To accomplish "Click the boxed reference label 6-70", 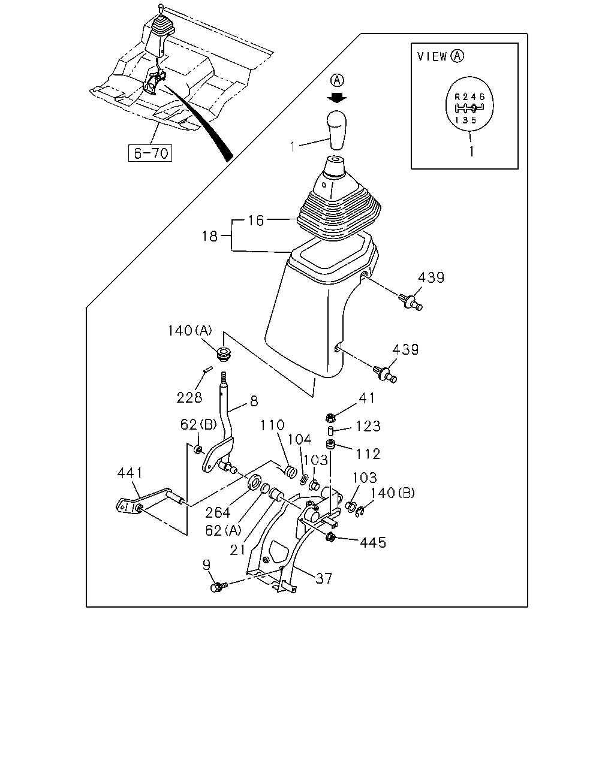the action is (150, 153).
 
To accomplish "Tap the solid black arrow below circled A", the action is (337, 98).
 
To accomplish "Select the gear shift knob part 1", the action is (337, 130).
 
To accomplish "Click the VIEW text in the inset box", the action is (432, 56).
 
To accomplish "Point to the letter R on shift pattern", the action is (458, 96).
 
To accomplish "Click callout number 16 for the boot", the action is (256, 221).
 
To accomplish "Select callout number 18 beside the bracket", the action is (210, 236).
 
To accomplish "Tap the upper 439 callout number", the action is (431, 277).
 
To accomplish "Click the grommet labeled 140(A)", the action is (224, 353).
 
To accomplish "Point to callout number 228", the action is (189, 397).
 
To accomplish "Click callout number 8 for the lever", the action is (254, 401).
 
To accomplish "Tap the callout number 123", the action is (368, 426).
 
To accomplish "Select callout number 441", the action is (130, 473).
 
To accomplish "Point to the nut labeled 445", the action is (330, 536).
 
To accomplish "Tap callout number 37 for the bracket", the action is (324, 578).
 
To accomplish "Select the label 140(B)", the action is (393, 493).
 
